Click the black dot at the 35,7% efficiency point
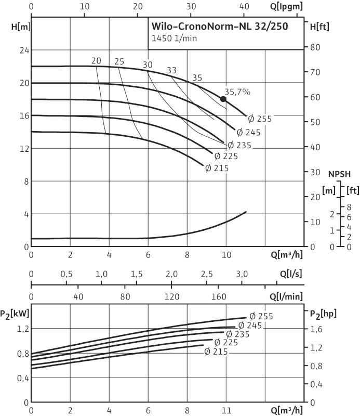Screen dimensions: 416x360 (223, 99)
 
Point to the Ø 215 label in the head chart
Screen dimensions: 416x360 (217, 168)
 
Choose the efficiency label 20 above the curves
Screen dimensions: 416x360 (96, 61)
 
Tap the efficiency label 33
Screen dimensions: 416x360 (171, 70)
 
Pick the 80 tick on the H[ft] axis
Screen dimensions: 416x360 (314, 48)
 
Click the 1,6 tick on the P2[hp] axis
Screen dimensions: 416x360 (316, 329)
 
